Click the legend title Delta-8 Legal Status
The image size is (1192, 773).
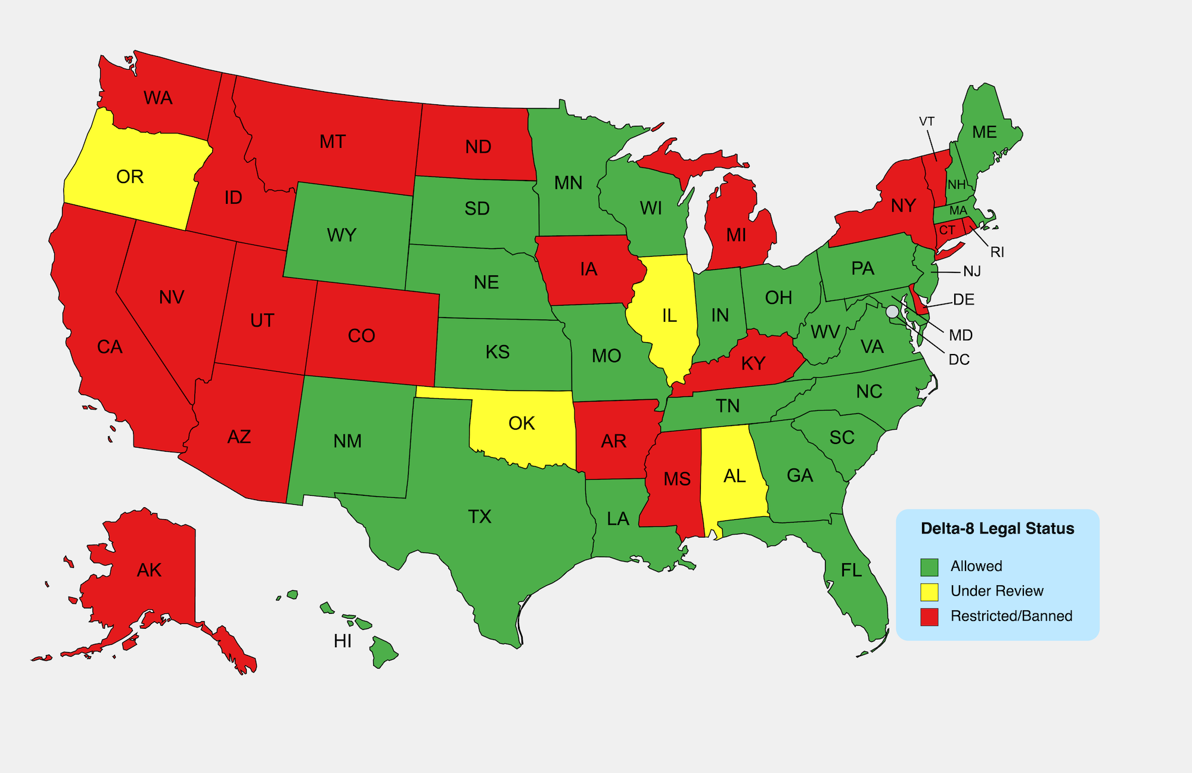(x=997, y=529)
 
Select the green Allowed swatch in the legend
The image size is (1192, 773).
(x=929, y=567)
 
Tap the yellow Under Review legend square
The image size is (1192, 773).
(x=929, y=592)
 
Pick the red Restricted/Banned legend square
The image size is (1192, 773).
(x=929, y=617)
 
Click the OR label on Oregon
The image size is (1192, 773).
(x=130, y=177)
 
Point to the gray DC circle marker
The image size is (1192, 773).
(x=892, y=311)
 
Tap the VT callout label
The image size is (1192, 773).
(x=926, y=122)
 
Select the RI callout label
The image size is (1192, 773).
(x=997, y=252)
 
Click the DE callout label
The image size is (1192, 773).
(x=963, y=299)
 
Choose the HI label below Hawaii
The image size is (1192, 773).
(x=343, y=641)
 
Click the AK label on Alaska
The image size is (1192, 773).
(x=149, y=570)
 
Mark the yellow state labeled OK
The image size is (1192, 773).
(x=521, y=424)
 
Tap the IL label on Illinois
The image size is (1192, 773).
(x=669, y=316)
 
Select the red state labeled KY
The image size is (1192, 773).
(x=753, y=364)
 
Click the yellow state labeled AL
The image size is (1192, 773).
(x=734, y=476)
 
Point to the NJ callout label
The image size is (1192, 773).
(x=971, y=272)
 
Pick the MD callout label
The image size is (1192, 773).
(x=960, y=335)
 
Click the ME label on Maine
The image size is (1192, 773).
(x=984, y=132)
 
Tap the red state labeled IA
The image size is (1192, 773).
(x=588, y=269)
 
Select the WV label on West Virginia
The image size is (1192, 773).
(x=825, y=332)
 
